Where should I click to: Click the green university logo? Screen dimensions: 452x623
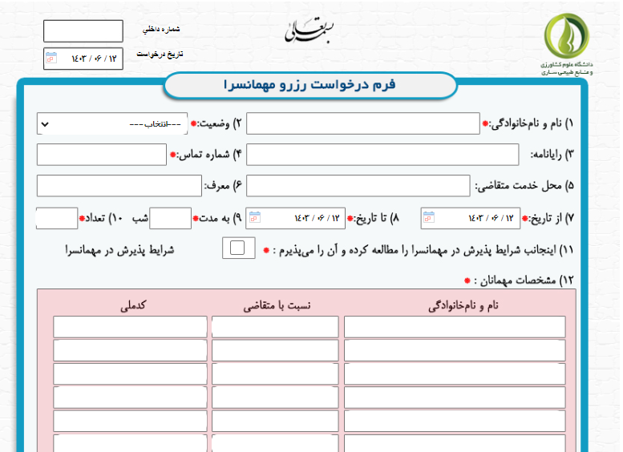pos(565,37)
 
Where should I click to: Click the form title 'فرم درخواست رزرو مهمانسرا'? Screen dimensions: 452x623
pos(309,85)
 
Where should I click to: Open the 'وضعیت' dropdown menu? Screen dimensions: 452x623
pos(112,124)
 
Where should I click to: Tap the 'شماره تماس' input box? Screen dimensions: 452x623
pos(101,154)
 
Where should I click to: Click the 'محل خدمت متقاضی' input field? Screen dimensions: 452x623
pos(358,185)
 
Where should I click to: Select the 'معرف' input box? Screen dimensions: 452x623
pos(119,185)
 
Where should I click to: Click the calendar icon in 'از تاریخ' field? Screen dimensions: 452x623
pos(428,217)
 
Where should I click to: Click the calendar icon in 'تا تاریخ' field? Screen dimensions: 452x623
pos(254,217)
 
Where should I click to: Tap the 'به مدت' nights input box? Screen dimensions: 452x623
pos(170,218)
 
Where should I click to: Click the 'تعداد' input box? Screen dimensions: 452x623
pos(56,218)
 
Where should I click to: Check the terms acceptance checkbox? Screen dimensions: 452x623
pos(238,248)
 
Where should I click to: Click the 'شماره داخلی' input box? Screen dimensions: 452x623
pos(83,31)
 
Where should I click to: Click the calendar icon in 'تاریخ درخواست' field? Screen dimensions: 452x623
pos(51,58)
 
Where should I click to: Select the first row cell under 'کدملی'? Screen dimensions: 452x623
pos(130,327)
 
